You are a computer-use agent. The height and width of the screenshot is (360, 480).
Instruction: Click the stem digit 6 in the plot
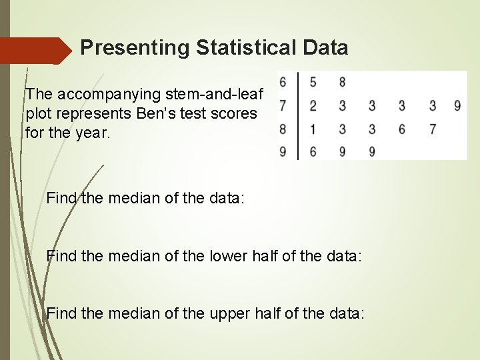click(x=283, y=83)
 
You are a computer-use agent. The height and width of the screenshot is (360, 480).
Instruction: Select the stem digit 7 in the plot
click(x=283, y=105)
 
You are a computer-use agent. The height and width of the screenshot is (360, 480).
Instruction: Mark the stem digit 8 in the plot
click(x=283, y=129)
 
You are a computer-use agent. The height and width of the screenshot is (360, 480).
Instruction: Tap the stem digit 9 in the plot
click(x=283, y=151)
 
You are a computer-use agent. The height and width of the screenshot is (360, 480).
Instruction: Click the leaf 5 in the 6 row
click(x=313, y=83)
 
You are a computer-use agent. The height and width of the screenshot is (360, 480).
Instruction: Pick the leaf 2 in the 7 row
click(x=313, y=105)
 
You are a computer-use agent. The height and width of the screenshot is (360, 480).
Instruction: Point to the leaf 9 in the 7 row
click(x=457, y=105)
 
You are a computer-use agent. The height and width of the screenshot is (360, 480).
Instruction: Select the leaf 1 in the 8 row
click(x=313, y=129)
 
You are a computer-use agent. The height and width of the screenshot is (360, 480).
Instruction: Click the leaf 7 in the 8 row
click(x=432, y=129)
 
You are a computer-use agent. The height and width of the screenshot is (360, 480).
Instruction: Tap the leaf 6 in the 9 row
click(x=313, y=151)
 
